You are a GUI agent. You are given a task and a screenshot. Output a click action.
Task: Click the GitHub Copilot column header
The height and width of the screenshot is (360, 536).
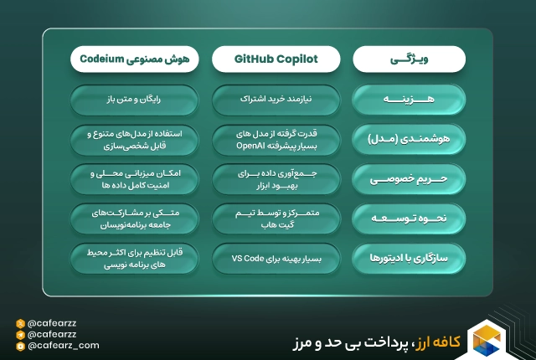tap(276, 59)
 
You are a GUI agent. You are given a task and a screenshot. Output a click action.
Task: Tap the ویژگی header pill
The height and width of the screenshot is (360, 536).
tap(410, 59)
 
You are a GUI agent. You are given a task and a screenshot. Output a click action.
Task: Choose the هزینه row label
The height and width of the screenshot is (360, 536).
tap(410, 100)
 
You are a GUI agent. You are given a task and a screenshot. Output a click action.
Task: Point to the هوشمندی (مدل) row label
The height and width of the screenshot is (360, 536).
tap(410, 139)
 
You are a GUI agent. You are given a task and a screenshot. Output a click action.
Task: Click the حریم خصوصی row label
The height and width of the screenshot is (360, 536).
tap(410, 178)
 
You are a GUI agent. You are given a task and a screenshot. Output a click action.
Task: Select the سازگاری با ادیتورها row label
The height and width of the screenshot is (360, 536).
tap(410, 258)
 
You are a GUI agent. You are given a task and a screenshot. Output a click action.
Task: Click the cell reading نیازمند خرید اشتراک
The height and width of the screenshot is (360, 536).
tap(276, 100)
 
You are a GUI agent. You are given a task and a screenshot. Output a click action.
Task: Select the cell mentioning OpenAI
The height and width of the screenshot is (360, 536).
tap(276, 139)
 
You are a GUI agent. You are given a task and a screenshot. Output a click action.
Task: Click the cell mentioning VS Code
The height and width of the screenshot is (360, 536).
tap(276, 258)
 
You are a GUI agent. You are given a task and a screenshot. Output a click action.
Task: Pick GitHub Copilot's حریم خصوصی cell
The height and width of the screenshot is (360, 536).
tap(276, 178)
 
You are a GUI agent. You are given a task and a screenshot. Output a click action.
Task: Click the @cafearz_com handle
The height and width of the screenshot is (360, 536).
tap(63, 345)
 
